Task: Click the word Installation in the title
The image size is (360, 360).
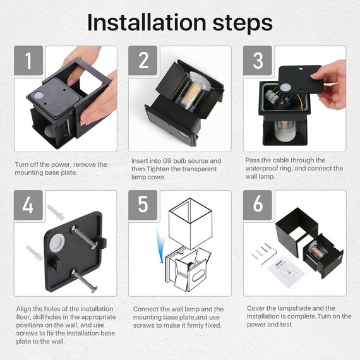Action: [x=147, y=23]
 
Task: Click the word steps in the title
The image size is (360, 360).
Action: [x=243, y=24]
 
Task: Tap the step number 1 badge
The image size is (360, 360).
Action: [x=28, y=61]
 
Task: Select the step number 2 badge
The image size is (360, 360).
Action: [x=143, y=61]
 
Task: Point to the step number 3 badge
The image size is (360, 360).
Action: [x=258, y=61]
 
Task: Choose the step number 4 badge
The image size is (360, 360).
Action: [x=28, y=205]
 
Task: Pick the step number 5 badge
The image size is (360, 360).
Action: [x=143, y=205]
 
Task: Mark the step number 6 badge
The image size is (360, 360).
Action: [x=258, y=205]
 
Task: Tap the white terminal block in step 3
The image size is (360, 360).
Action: [x=271, y=96]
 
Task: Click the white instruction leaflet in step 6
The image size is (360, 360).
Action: [x=286, y=271]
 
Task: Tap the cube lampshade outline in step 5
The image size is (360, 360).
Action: [x=190, y=223]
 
